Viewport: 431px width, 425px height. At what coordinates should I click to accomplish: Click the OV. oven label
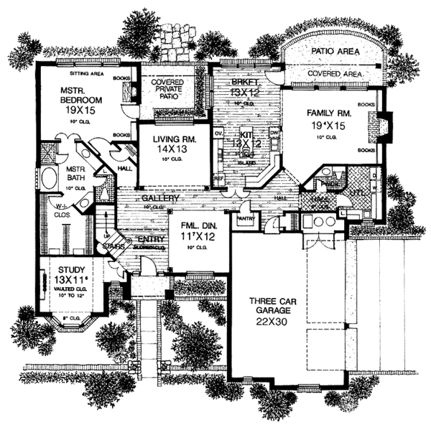click(219, 133)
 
